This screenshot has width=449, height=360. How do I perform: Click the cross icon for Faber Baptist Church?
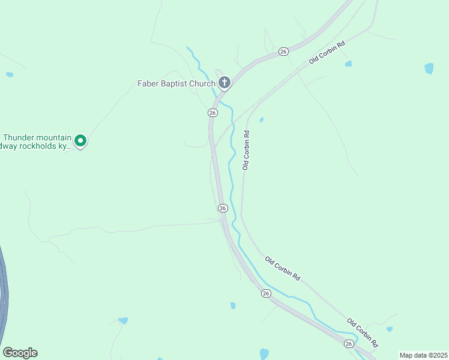tap(224, 82)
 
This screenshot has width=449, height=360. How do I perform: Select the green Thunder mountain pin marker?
tap(80, 142)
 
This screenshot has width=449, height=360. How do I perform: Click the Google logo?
tap(20, 353)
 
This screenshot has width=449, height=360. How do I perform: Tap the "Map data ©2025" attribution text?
tap(423, 355)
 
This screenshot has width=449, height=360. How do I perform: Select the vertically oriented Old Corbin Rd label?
tap(246, 149)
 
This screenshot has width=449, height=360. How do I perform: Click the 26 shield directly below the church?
tap(212, 113)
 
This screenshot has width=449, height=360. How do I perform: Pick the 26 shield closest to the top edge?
tap(283, 52)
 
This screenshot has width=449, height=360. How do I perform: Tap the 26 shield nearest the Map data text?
tap(349, 343)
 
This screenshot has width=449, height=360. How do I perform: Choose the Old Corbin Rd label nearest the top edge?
tap(327, 53)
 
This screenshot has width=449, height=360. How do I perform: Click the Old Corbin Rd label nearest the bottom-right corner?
tap(363, 334)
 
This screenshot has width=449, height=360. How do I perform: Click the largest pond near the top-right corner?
tap(429, 68)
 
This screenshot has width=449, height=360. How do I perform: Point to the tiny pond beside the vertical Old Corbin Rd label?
tap(261, 120)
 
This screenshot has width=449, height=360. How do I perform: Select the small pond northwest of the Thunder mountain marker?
tap(9, 75)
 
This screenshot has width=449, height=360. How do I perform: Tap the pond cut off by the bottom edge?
tap(264, 354)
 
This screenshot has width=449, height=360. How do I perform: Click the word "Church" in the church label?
tap(203, 83)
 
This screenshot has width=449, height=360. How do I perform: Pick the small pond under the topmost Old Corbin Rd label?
tap(348, 64)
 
